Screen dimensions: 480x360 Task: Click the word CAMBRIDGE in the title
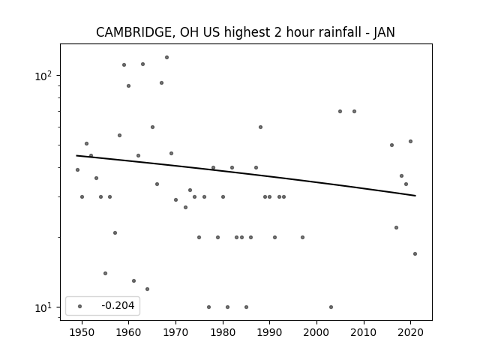tap(136, 32)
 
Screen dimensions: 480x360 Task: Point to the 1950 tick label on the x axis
tap(82, 332)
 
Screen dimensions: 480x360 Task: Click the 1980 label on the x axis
tap(223, 332)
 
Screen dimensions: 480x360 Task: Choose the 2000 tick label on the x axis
tap(316, 332)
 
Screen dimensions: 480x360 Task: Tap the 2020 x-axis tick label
tap(410, 332)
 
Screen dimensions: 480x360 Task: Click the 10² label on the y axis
tap(43, 75)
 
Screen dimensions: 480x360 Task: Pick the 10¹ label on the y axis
tap(43, 307)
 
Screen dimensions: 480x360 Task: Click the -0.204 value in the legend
tap(118, 305)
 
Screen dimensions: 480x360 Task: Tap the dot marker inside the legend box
tap(80, 306)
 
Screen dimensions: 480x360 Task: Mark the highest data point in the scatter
tap(166, 57)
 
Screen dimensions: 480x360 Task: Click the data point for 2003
tap(331, 307)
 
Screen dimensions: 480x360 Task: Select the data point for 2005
tap(340, 112)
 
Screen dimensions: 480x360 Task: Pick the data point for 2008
tap(354, 112)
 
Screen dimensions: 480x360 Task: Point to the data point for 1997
tap(302, 237)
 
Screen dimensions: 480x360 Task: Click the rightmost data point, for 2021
tap(415, 253)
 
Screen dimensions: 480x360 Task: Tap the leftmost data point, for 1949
tap(77, 170)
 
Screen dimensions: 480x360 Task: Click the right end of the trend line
tap(415, 196)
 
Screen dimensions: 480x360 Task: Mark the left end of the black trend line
tap(76, 155)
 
